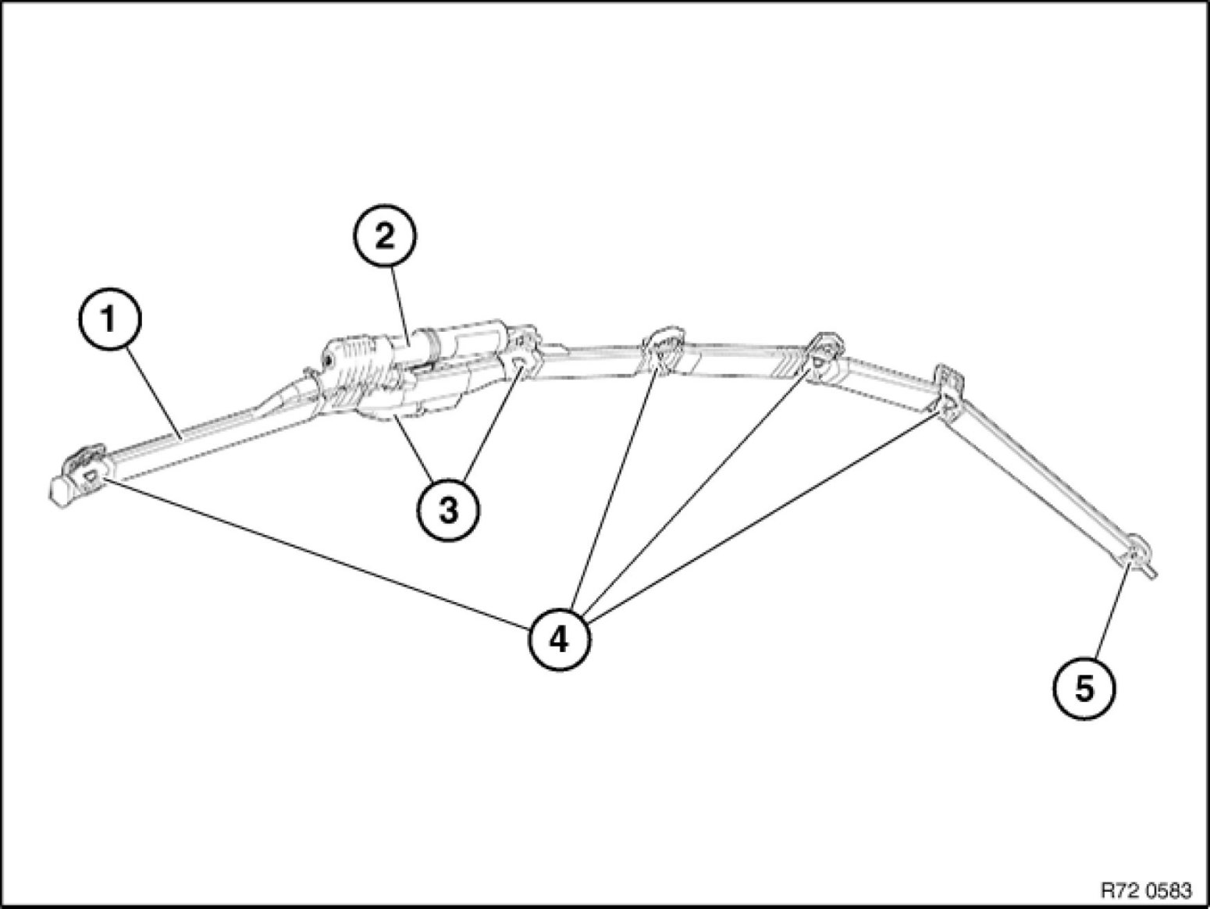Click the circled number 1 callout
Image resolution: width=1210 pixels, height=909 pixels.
tap(110, 320)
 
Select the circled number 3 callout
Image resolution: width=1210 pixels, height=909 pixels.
tap(447, 510)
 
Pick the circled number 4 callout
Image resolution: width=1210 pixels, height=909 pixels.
tap(559, 640)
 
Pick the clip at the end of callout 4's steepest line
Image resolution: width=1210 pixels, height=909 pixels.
tap(664, 353)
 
